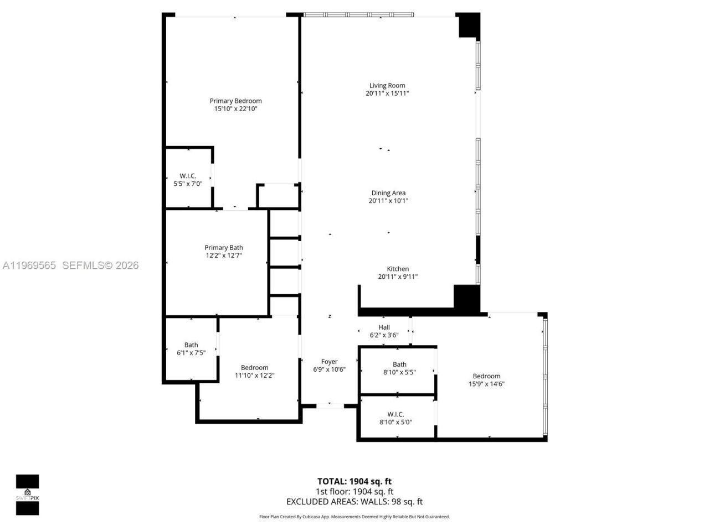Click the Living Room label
[387, 86]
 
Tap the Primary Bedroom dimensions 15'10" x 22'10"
[236, 109]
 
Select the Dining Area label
[388, 193]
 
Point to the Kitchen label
[398, 269]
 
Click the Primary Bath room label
[224, 248]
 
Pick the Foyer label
[329, 362]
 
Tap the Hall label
[384, 327]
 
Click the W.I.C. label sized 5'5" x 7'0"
[188, 176]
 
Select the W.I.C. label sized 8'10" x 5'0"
[395, 414]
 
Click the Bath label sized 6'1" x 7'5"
[191, 345]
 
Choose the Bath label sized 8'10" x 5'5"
[399, 365]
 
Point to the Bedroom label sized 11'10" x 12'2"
[254, 368]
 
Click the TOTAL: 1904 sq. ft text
[354, 481]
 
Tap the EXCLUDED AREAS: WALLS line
[354, 502]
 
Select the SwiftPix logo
[27, 494]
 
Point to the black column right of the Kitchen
[466, 297]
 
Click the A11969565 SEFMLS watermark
[70, 265]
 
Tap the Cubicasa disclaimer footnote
[354, 517]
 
